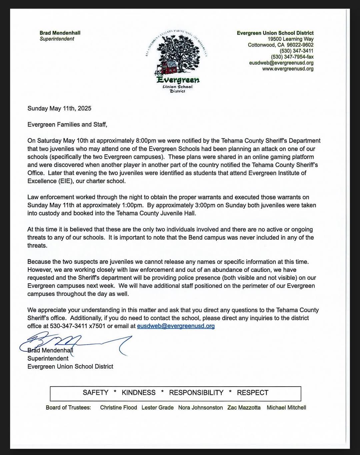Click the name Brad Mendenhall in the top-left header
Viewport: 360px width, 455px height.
[60, 33]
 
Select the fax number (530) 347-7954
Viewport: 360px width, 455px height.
[292, 57]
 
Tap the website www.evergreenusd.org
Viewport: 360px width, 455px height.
[288, 69]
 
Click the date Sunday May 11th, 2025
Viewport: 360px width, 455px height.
[59, 108]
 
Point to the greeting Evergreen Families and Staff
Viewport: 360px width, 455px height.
[67, 124]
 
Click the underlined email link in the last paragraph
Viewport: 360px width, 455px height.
[176, 326]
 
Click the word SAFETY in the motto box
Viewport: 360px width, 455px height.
[95, 393]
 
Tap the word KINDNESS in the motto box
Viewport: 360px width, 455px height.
[139, 393]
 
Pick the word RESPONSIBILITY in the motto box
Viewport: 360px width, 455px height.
[196, 393]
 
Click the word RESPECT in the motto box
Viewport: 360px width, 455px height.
[252, 393]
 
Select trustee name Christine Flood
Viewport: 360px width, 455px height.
[118, 407]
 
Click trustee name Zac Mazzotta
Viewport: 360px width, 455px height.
[244, 407]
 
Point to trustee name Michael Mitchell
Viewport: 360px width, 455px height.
[286, 407]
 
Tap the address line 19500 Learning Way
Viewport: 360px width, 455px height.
[291, 39]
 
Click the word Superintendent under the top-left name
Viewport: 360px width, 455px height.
[57, 39]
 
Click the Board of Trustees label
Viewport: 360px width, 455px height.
[68, 407]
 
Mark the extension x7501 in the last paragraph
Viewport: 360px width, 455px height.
[97, 326]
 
